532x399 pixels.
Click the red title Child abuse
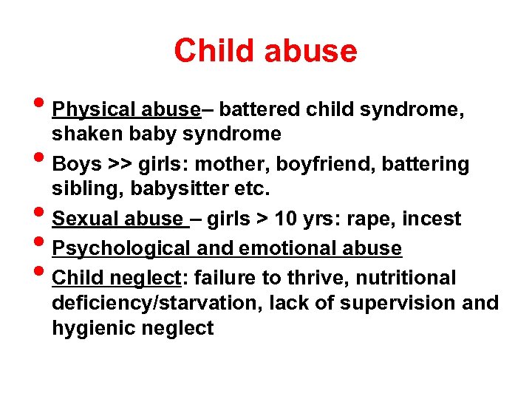coord(265,51)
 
